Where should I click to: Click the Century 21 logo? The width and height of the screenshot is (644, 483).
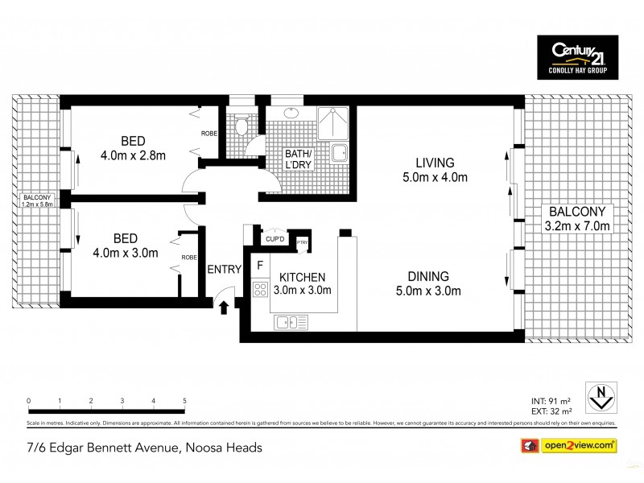(578, 57)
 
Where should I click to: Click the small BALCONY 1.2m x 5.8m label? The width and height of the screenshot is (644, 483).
(37, 201)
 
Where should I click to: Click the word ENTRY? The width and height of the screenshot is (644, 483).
(224, 270)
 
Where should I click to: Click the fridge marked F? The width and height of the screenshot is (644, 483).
(260, 265)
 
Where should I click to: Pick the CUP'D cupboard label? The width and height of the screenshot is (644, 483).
(275, 239)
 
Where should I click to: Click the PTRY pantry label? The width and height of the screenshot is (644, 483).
(303, 242)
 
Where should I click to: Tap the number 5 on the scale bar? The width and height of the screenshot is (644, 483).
(184, 400)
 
